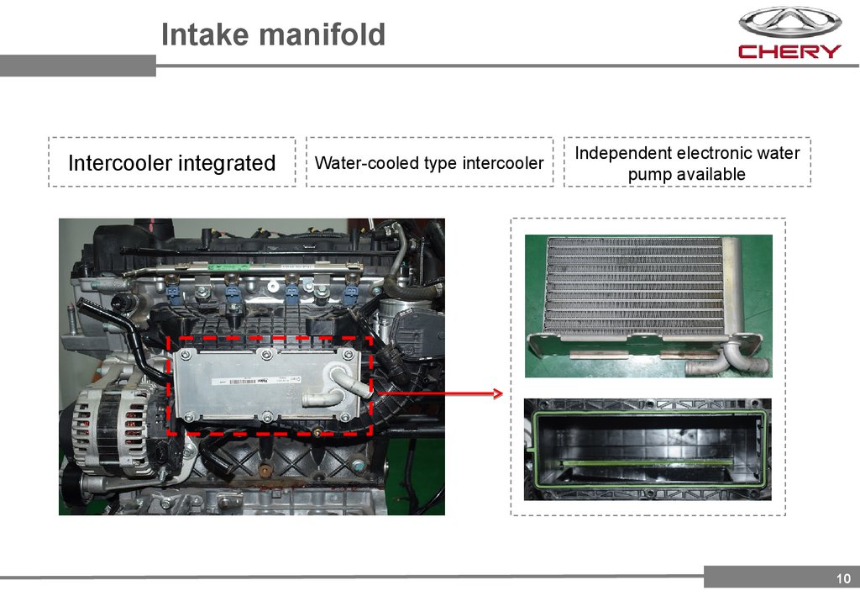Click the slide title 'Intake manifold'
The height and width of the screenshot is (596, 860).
[x=273, y=35]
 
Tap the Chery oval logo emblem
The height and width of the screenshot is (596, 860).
[x=789, y=23]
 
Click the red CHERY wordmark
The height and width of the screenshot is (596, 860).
[x=789, y=51]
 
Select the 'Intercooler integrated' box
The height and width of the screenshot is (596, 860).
[x=172, y=162]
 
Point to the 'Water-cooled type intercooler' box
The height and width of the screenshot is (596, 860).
[x=429, y=162]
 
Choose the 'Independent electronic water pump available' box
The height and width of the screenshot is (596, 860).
[x=687, y=163]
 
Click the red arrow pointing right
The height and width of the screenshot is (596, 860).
[x=437, y=393]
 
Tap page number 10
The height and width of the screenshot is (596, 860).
[x=843, y=578]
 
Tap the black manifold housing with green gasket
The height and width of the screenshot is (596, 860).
[x=648, y=450]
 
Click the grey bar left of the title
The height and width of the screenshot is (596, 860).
[x=77, y=66]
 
